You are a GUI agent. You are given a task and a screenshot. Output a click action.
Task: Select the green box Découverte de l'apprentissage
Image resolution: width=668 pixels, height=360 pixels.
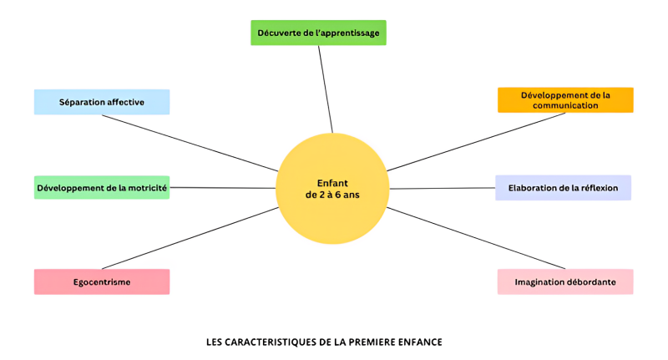(x=318, y=33)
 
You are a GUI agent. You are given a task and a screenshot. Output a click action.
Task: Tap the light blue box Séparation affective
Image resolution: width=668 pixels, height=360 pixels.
(x=102, y=102)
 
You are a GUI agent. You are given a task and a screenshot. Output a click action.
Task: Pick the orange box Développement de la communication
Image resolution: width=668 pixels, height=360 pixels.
(x=565, y=100)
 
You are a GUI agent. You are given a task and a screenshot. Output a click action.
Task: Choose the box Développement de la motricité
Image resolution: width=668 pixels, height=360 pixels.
(x=102, y=188)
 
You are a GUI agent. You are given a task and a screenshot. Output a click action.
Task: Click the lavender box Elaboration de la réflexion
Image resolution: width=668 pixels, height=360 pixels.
(x=563, y=188)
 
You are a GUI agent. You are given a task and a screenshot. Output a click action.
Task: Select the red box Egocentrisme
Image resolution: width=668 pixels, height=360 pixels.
(x=102, y=281)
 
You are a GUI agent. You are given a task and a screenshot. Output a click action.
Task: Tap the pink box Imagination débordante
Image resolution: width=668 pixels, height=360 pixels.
(x=565, y=281)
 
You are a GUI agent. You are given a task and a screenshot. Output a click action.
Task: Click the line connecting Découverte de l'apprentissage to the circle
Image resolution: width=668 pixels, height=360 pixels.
(x=325, y=89)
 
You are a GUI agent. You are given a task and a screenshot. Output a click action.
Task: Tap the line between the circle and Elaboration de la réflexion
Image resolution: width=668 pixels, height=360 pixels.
(x=443, y=188)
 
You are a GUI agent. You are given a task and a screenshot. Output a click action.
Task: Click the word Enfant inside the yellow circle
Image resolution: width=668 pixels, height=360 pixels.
(x=332, y=183)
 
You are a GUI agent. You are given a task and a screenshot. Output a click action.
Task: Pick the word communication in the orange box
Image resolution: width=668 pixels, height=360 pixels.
(x=565, y=106)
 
